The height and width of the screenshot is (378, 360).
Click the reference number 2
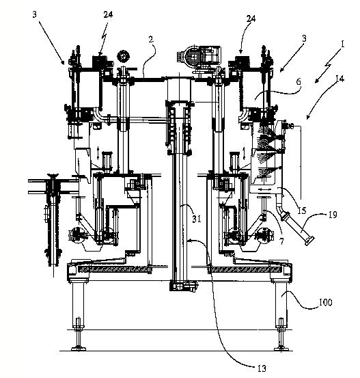click(151, 39)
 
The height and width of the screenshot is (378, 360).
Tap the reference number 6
click(299, 82)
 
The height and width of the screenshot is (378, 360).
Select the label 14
click(340, 79)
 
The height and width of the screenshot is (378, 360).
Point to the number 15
click(302, 211)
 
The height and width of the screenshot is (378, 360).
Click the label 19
click(333, 215)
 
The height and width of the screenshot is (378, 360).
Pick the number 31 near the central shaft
click(197, 219)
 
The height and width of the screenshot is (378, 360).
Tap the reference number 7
click(281, 241)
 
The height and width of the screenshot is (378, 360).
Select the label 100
click(326, 302)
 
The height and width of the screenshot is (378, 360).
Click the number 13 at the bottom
click(262, 368)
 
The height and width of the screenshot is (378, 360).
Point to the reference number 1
click(342, 44)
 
